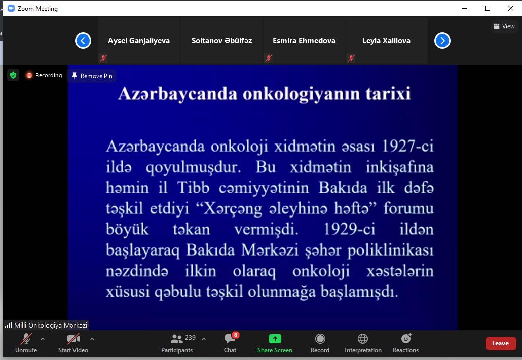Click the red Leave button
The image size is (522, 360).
tap(500, 343)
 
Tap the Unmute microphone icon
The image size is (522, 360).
tap(26, 339)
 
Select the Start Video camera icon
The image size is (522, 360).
tap(73, 339)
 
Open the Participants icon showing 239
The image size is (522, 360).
tap(177, 339)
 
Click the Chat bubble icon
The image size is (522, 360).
tap(230, 339)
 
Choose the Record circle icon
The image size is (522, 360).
tap(320, 339)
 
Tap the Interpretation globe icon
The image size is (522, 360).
tap(363, 339)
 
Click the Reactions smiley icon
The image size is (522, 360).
tap(406, 339)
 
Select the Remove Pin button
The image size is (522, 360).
tap(92, 76)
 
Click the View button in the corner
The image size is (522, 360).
tap(504, 26)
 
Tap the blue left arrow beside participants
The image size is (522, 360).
tap(83, 41)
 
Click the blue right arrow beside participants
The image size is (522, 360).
tap(442, 41)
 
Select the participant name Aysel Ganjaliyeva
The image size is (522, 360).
tap(139, 41)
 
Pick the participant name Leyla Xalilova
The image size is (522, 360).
tap(386, 41)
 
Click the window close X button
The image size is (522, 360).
tap(511, 8)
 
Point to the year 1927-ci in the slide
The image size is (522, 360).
tap(407, 146)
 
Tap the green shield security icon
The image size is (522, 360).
tap(13, 75)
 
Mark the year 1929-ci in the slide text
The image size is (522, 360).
tap(349, 230)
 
